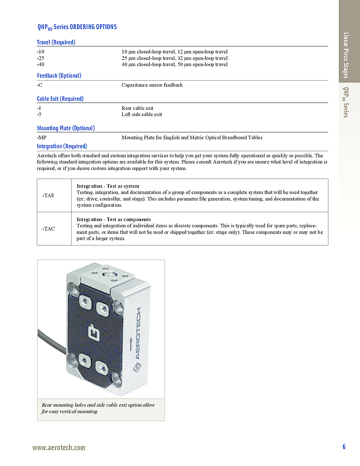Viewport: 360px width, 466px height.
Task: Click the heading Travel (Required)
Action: click(x=56, y=42)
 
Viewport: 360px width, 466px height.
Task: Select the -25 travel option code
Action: click(x=41, y=58)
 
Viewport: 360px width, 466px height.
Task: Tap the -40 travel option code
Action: click(x=41, y=64)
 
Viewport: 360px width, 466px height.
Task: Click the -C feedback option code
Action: click(x=40, y=85)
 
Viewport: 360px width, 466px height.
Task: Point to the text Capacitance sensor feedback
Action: click(x=152, y=85)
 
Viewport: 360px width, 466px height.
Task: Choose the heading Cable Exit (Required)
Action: click(x=60, y=99)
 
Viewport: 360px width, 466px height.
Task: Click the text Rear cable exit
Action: click(x=137, y=108)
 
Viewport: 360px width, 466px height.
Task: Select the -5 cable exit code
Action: click(x=39, y=115)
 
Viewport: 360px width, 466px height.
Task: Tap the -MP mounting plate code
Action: click(x=42, y=138)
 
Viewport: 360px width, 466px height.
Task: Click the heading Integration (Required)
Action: click(x=62, y=146)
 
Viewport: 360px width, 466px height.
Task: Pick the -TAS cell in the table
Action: click(x=48, y=195)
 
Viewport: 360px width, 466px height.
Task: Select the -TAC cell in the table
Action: click(x=48, y=229)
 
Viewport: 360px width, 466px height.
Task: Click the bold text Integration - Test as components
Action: click(x=114, y=220)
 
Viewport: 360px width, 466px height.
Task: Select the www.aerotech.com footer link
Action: click(x=59, y=447)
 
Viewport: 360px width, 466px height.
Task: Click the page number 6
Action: click(x=344, y=447)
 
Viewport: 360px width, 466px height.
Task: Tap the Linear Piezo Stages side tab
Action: click(x=346, y=55)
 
